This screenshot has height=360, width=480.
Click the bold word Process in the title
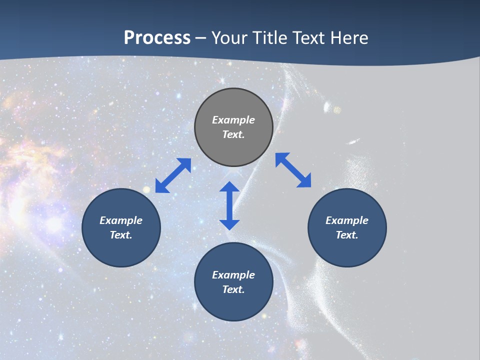click(157, 38)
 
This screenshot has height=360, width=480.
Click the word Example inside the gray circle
click(233, 120)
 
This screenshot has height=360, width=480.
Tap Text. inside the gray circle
click(233, 134)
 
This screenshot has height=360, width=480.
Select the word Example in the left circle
click(121, 220)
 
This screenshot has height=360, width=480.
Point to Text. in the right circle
click(347, 235)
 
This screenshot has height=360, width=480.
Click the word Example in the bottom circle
click(233, 275)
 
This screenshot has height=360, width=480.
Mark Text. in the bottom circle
click(233, 289)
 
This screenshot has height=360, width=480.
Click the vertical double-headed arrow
click(229, 206)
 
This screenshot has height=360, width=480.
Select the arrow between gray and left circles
click(173, 175)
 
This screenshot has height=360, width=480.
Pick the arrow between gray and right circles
click(293, 170)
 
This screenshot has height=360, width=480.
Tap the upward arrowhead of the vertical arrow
click(229, 188)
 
